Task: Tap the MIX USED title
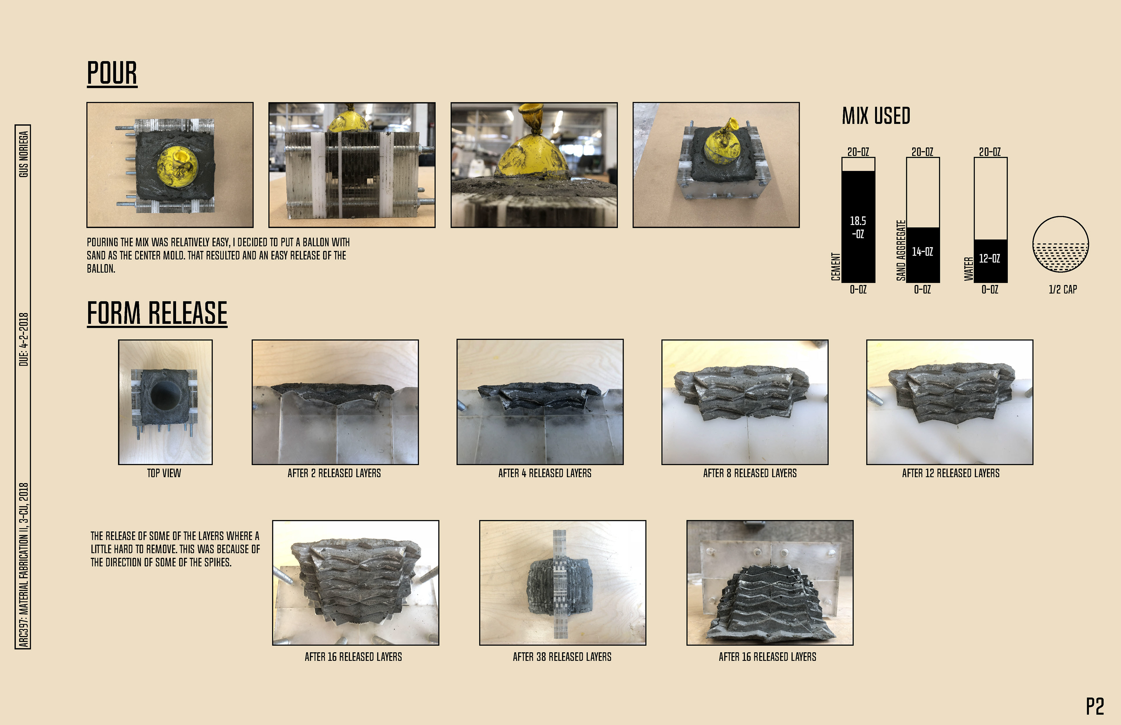876,116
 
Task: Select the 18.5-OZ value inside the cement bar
858,227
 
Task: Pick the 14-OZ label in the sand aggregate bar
922,252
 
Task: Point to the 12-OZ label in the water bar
990,258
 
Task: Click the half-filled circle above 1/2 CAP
1060,244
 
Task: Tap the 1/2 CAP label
1063,289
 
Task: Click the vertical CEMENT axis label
835,266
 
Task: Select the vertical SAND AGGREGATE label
901,250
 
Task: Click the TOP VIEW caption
164,473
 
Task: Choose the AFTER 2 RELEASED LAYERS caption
335,473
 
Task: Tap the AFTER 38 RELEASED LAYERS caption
562,657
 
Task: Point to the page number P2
1095,707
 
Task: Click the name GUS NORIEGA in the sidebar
23,154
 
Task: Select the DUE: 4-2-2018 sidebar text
23,339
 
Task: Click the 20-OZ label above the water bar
990,152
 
